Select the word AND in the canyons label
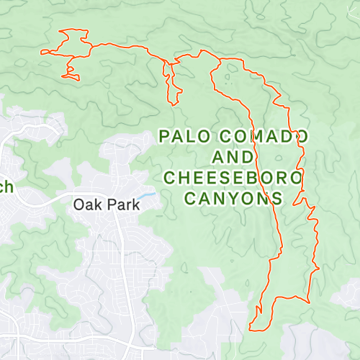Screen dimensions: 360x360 point(233,156)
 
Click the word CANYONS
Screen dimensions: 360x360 point(233,198)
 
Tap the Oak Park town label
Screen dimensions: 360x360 point(107,204)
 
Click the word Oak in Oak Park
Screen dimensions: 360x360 point(88,204)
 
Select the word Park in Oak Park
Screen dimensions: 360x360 point(122,204)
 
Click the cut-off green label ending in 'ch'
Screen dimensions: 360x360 point(6,188)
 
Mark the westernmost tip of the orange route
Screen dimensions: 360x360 point(41,51)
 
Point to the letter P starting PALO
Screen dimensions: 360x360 point(163,135)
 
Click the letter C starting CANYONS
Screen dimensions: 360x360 point(191,198)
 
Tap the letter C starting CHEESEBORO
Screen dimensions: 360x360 point(170,177)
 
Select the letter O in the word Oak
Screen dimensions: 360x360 point(79,204)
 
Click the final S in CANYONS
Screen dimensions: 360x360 point(276,198)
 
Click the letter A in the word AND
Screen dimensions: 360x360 point(218,156)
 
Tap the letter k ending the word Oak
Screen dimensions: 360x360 point(97,204)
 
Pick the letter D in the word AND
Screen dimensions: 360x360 point(248,156)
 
